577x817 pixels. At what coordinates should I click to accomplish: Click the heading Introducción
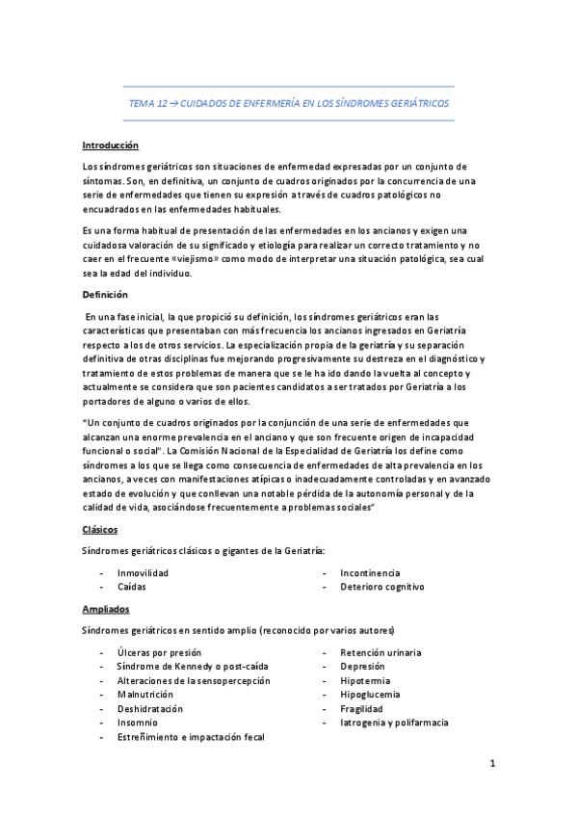(x=110, y=145)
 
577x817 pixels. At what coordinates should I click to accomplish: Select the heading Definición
(x=105, y=294)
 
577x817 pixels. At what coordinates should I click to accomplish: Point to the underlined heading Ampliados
(x=106, y=610)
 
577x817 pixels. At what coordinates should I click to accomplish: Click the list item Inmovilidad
(x=143, y=572)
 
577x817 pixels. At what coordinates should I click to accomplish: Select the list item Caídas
(x=132, y=586)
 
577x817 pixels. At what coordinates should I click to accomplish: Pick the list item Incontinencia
(x=370, y=572)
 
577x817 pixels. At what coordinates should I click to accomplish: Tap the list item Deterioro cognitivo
(x=381, y=586)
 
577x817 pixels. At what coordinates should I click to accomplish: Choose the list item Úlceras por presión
(x=158, y=652)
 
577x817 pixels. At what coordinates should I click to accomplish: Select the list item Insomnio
(x=137, y=722)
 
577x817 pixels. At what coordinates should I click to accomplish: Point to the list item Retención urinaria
(x=380, y=652)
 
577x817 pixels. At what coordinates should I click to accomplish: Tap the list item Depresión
(x=362, y=666)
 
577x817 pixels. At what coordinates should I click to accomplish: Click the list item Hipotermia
(x=364, y=680)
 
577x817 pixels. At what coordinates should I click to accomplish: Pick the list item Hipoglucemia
(x=369, y=694)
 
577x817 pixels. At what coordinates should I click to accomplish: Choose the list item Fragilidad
(x=361, y=708)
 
